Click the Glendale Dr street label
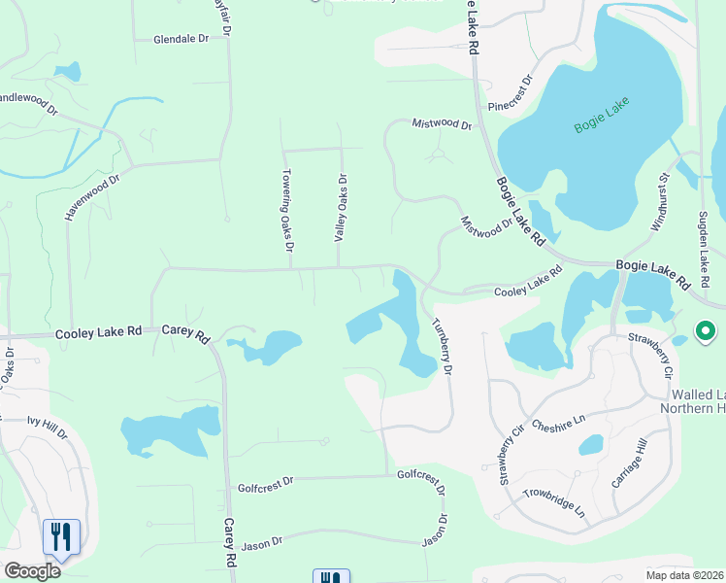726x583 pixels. click(181, 40)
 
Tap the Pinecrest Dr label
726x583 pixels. click(511, 93)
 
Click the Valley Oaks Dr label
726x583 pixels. click(341, 207)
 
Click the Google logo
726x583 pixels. click(32, 570)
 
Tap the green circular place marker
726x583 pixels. click(706, 332)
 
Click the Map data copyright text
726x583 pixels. click(685, 575)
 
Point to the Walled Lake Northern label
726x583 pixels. click(698, 402)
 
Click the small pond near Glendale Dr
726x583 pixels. click(68, 71)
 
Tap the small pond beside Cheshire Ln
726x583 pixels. click(591, 445)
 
